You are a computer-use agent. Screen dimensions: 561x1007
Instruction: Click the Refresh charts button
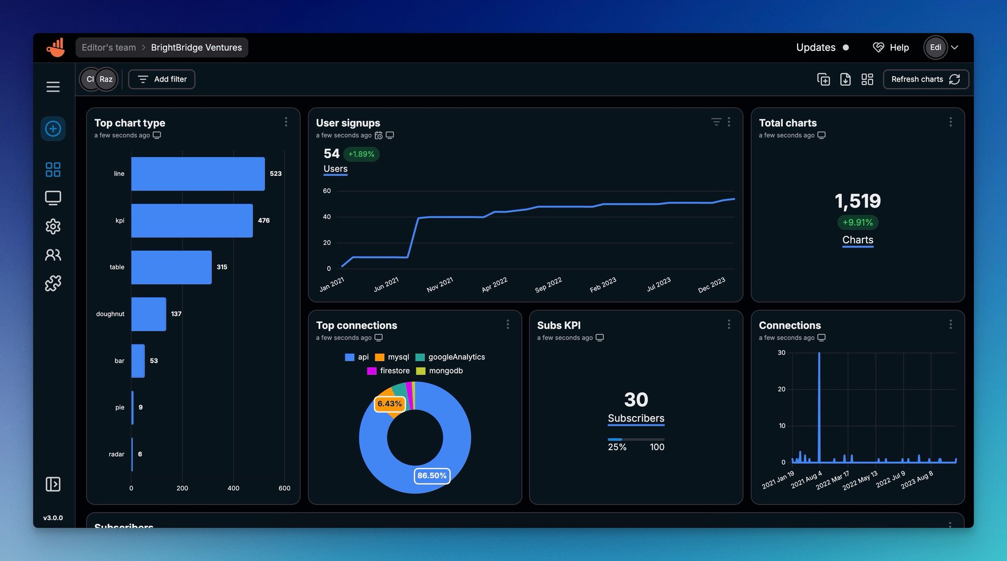tap(925, 79)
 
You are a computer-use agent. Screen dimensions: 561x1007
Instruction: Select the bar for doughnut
tap(149, 314)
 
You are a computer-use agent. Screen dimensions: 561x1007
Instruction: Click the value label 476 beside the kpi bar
tap(264, 221)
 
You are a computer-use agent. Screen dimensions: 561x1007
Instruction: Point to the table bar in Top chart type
tap(171, 267)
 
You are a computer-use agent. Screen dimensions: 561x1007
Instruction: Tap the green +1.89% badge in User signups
tap(361, 154)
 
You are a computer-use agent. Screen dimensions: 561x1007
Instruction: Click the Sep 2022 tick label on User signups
tap(548, 285)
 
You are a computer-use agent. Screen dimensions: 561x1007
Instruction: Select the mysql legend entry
tap(392, 357)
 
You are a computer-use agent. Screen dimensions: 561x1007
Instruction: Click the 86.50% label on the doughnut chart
tap(431, 475)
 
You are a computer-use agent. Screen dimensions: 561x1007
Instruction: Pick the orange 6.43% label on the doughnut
tap(389, 404)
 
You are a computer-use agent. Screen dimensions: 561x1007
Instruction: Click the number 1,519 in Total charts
tap(857, 201)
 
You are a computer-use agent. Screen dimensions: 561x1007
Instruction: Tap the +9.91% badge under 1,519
tap(857, 222)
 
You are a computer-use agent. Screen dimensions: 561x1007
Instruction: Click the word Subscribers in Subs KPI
tap(636, 418)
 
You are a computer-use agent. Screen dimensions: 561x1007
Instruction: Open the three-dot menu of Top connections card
tap(508, 324)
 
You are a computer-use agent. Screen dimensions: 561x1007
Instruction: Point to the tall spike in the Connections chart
tap(819, 403)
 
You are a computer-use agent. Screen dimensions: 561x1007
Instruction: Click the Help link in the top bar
tap(891, 47)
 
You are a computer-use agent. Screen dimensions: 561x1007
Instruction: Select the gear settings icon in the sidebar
tap(53, 226)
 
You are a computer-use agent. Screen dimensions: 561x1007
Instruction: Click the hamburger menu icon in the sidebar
tap(53, 87)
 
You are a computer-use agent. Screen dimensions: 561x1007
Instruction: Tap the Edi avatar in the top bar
tap(935, 47)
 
